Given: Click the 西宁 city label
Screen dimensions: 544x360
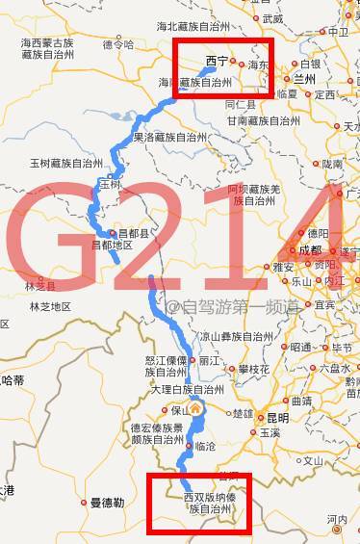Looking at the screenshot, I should (x=218, y=61).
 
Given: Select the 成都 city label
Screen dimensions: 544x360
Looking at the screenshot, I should (x=312, y=249).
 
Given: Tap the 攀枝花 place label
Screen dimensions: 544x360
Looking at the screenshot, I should (x=255, y=369).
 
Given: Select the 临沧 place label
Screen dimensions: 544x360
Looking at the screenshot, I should (x=205, y=447).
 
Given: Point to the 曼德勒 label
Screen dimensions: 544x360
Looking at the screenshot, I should (x=107, y=503).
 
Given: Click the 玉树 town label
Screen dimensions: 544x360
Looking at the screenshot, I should (x=111, y=184).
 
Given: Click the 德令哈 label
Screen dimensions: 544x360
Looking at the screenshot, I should (x=117, y=44).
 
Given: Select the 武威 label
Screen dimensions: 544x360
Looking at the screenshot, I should (x=273, y=18).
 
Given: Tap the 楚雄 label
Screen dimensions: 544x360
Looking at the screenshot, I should (x=243, y=414).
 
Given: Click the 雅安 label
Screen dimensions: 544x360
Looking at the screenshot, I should (x=283, y=267).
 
